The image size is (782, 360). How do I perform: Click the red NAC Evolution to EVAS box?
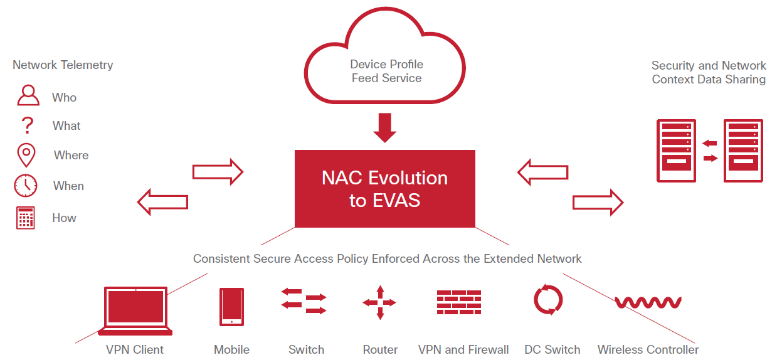point(384,188)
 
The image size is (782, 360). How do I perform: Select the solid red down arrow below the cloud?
point(384,127)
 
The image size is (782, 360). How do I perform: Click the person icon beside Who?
point(28,96)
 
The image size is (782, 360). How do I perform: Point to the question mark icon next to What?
point(27,125)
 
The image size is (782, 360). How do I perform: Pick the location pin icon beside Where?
point(26,154)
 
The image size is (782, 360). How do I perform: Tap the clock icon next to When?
point(26,186)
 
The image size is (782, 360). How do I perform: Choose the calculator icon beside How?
point(26,218)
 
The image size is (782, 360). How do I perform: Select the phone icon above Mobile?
point(231,307)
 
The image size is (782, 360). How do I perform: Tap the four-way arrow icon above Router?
point(379,303)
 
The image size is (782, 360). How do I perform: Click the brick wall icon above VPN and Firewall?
point(459,302)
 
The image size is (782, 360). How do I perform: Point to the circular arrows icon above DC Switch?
point(549,300)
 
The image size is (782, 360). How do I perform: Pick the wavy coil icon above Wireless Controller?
point(648,302)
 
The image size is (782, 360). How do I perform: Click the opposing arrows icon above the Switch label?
point(304,302)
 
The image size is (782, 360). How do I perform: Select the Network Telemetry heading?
point(63,65)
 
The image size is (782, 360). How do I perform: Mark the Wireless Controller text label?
point(648,349)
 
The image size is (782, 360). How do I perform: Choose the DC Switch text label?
point(552,349)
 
